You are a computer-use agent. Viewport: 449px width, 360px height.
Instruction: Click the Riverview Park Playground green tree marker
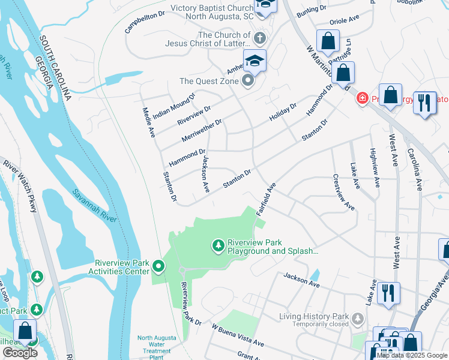coord(218,245)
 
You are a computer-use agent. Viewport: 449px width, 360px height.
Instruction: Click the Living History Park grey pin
coord(358,317)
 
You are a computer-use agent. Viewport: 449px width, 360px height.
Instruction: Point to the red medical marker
coord(362,98)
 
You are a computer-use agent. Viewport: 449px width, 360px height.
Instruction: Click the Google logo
coord(20,353)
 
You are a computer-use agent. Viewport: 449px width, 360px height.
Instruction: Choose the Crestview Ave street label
coord(343,193)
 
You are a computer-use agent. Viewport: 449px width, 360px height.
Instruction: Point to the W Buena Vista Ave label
coord(238,335)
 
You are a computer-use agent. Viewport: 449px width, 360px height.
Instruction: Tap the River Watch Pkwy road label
coord(20,187)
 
